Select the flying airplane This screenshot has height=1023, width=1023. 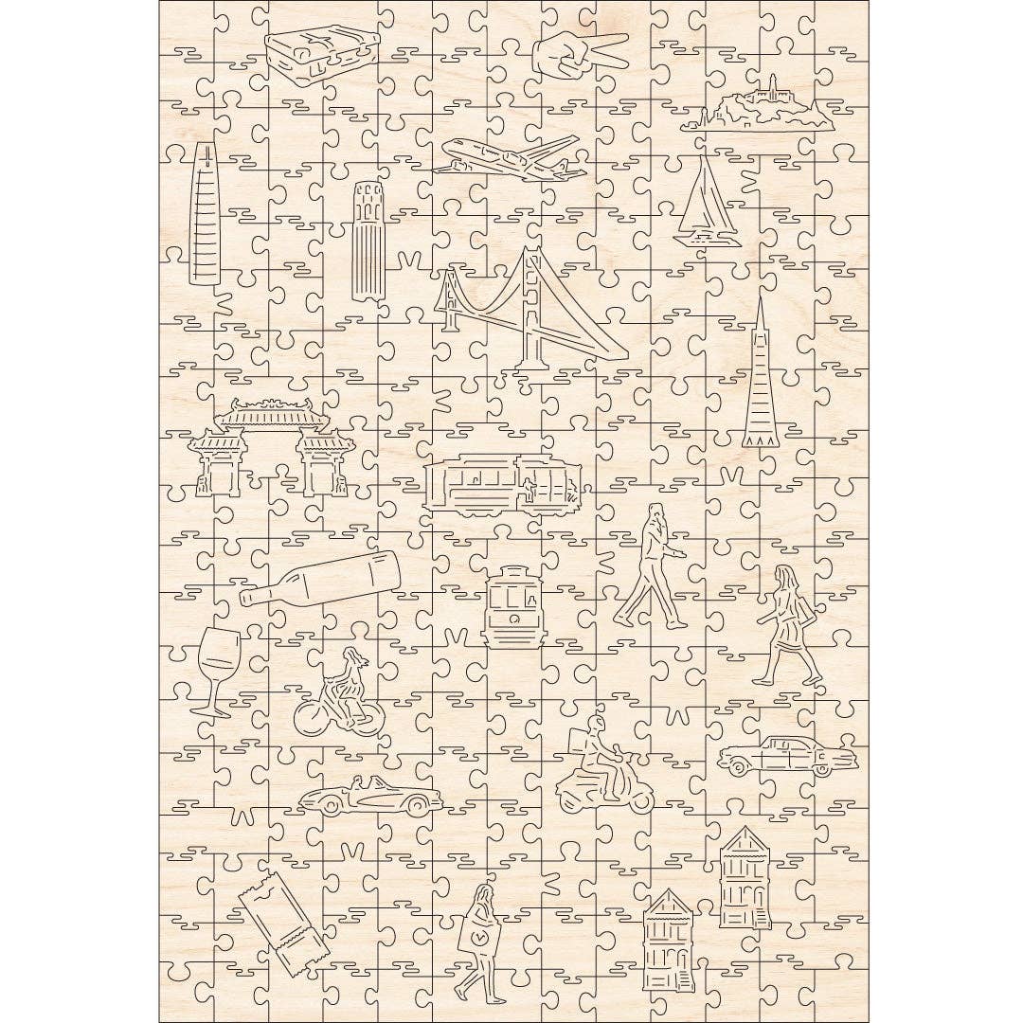[511, 158]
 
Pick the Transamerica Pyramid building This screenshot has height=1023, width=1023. [759, 383]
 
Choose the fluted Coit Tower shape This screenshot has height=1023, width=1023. [368, 242]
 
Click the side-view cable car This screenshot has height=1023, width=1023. [499, 484]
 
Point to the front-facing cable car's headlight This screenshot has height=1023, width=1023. [513, 618]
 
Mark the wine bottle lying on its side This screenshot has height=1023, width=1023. [320, 578]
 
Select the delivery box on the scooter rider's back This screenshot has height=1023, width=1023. [579, 743]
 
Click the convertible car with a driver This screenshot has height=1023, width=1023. [369, 797]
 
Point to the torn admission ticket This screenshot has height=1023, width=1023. [282, 924]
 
